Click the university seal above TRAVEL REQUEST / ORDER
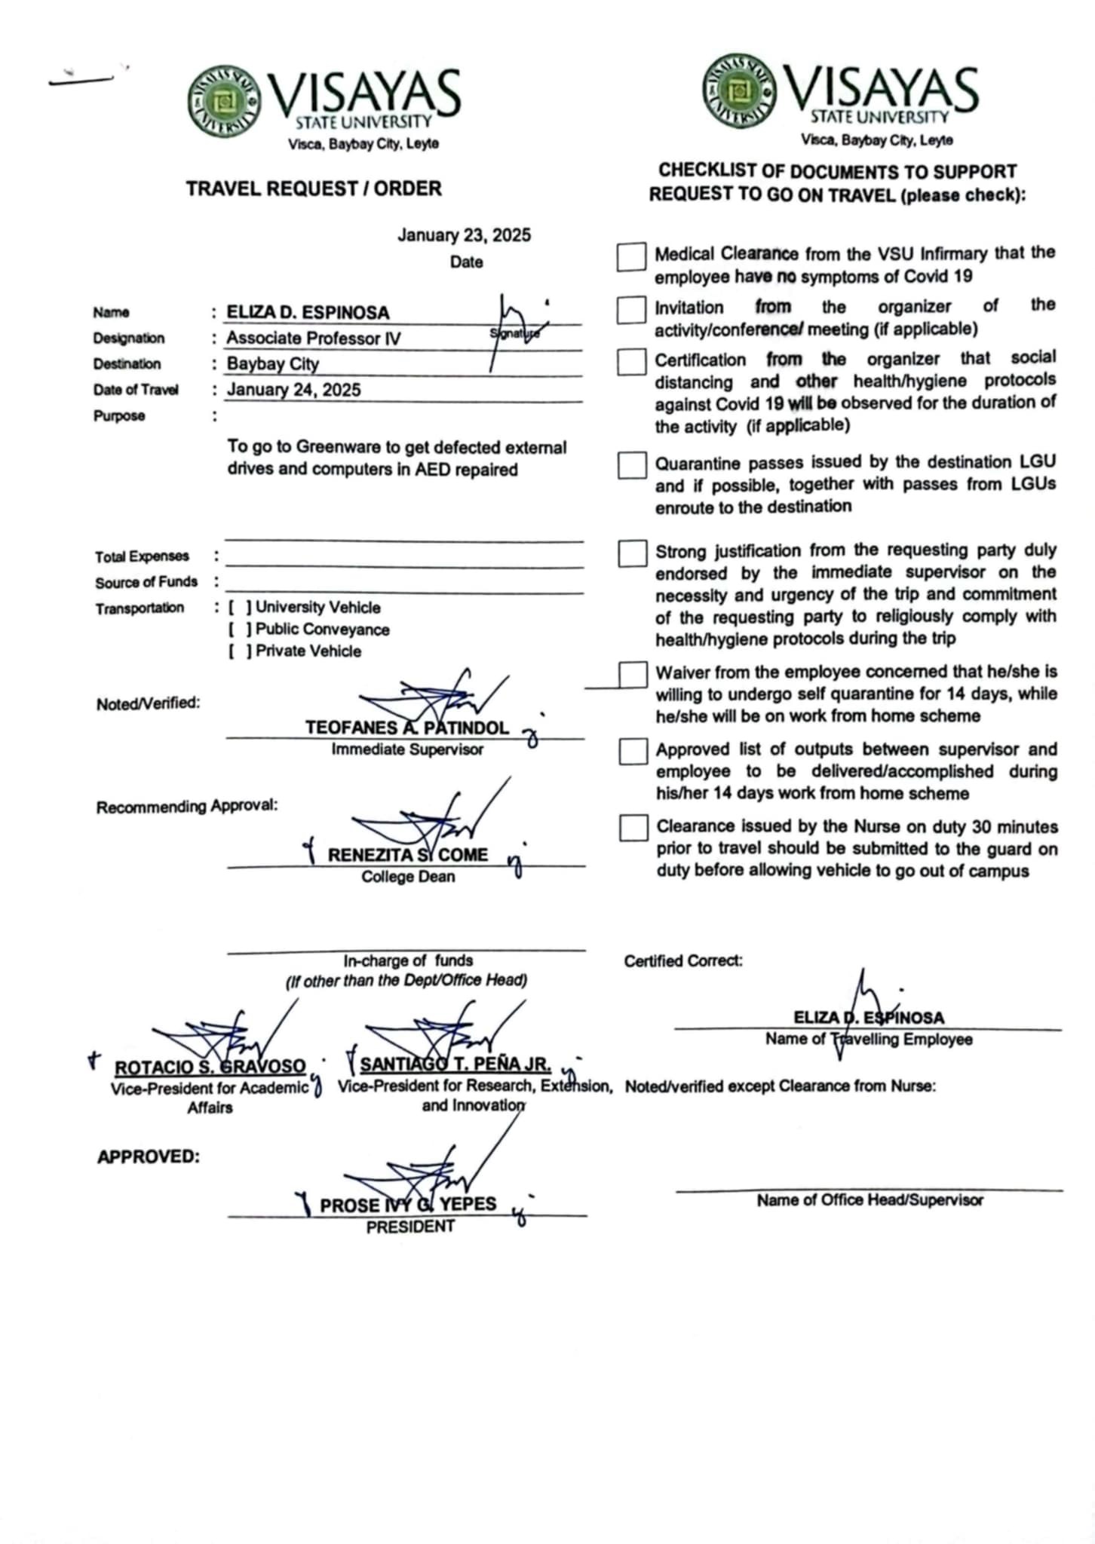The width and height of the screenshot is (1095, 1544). click(x=224, y=102)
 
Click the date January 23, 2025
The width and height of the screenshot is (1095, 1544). click(x=464, y=235)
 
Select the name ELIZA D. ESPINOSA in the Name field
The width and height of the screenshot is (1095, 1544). click(x=308, y=313)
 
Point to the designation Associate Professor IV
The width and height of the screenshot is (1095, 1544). click(x=314, y=339)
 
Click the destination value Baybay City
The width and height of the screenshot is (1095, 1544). click(x=273, y=364)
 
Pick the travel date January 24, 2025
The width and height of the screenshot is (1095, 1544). click(x=294, y=390)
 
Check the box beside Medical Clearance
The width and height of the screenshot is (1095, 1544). click(x=631, y=256)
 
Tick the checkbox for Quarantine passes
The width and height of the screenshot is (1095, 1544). click(x=631, y=465)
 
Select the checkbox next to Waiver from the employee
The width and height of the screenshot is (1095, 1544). click(x=633, y=675)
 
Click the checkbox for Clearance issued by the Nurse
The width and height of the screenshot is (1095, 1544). click(x=633, y=828)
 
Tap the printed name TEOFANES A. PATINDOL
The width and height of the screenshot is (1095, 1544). click(x=406, y=728)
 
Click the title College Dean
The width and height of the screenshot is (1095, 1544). click(x=408, y=877)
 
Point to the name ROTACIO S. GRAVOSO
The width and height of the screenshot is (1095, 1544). click(x=210, y=1068)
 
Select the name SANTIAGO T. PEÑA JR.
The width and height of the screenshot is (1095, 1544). click(x=455, y=1065)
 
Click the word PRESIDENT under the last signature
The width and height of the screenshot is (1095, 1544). click(x=410, y=1227)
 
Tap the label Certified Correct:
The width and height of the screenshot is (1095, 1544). click(x=683, y=961)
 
